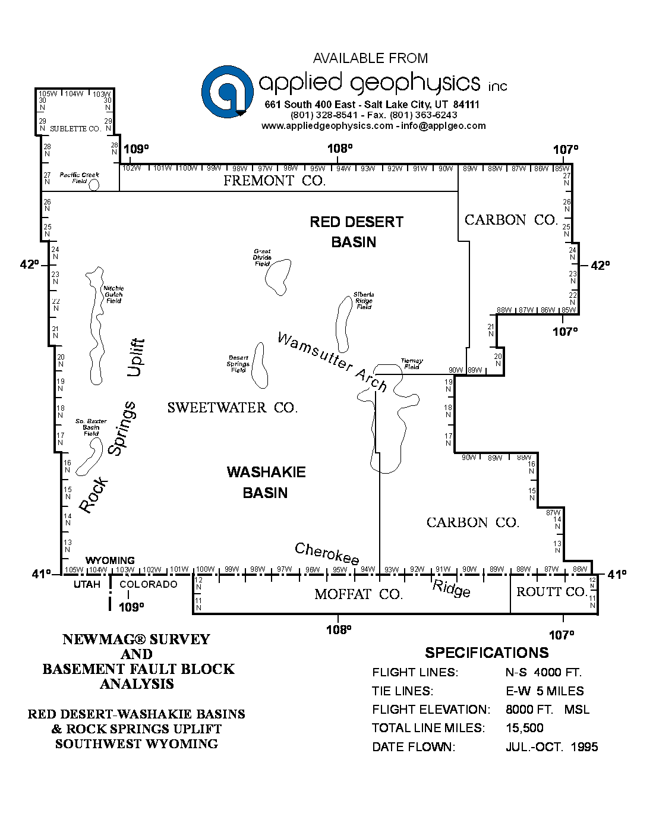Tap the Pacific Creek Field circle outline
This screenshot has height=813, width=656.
coord(93,185)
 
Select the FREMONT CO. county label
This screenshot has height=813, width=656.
coord(275,181)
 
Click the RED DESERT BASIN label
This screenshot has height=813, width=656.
coord(356,232)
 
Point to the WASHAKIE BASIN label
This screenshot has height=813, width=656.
coord(266,482)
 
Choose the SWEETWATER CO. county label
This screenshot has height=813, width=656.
coord(232,408)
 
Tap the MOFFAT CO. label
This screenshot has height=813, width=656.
coord(358,594)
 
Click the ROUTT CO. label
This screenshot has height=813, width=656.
coord(551,592)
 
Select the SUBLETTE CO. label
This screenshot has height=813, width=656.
coord(75,128)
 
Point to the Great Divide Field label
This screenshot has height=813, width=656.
coord(262,257)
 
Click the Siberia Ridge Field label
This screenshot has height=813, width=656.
coord(364,301)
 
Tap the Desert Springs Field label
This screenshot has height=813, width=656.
coord(238,364)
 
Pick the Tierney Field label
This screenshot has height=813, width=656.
coord(412,364)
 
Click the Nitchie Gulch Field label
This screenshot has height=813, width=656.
coord(113,294)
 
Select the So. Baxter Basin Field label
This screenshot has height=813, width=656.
coord(91,427)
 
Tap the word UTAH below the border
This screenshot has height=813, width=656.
coord(87,584)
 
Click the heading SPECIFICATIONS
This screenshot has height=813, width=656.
coord(487,653)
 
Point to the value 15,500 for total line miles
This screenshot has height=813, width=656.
coord(524,728)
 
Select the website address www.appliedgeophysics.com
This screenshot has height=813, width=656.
coord(327,126)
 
